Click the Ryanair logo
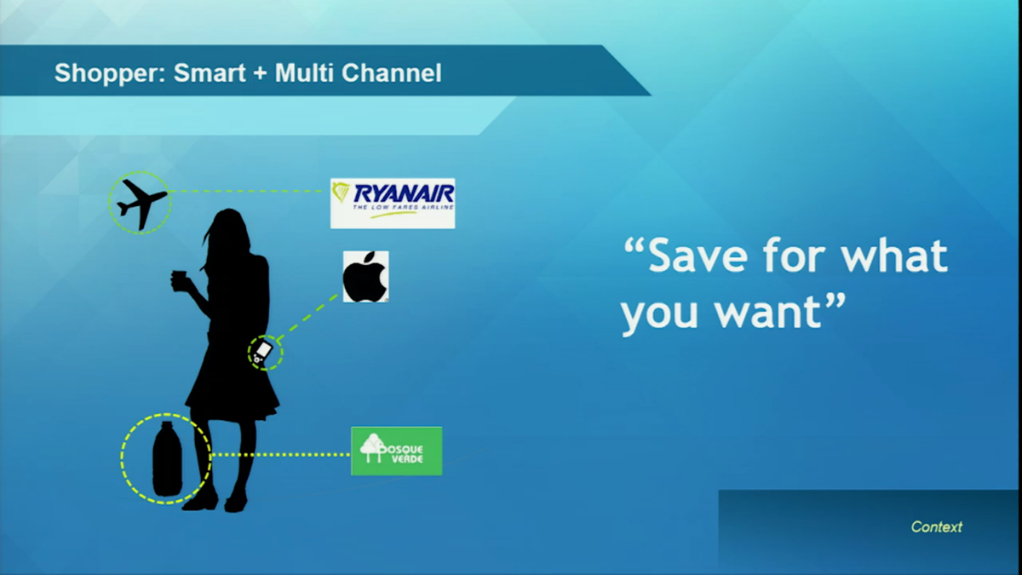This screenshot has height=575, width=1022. coord(393,204)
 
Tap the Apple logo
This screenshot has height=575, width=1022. coord(366,277)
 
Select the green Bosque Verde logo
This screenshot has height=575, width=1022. coord(397,451)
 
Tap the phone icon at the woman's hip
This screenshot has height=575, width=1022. coord(262,352)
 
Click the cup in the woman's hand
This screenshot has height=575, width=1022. coord(179,280)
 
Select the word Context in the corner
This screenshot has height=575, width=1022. coord(937,527)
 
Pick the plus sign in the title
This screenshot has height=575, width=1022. coord(260,73)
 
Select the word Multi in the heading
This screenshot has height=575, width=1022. coord(304,72)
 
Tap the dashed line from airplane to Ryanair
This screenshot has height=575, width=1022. coord(246,191)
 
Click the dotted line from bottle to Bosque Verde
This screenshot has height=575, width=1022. coord(280,455)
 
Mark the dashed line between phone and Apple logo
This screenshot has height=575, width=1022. coord(308,317)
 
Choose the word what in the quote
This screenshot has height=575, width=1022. coord(894,256)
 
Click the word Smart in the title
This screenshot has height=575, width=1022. coord(210,72)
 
